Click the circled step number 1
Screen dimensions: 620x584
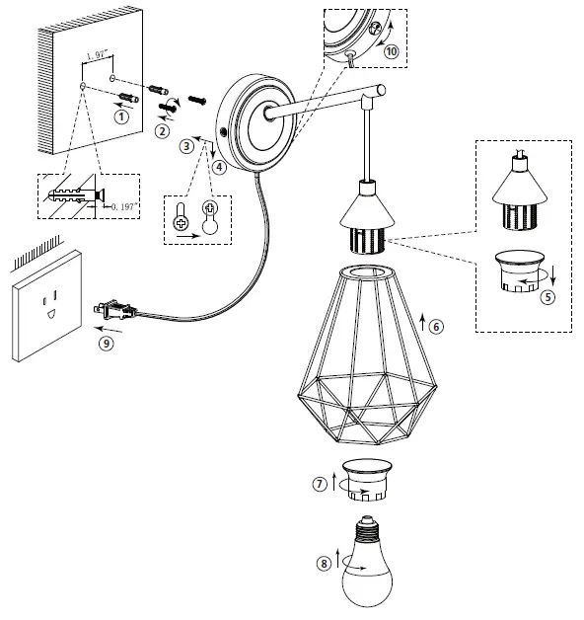pos(122,116)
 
